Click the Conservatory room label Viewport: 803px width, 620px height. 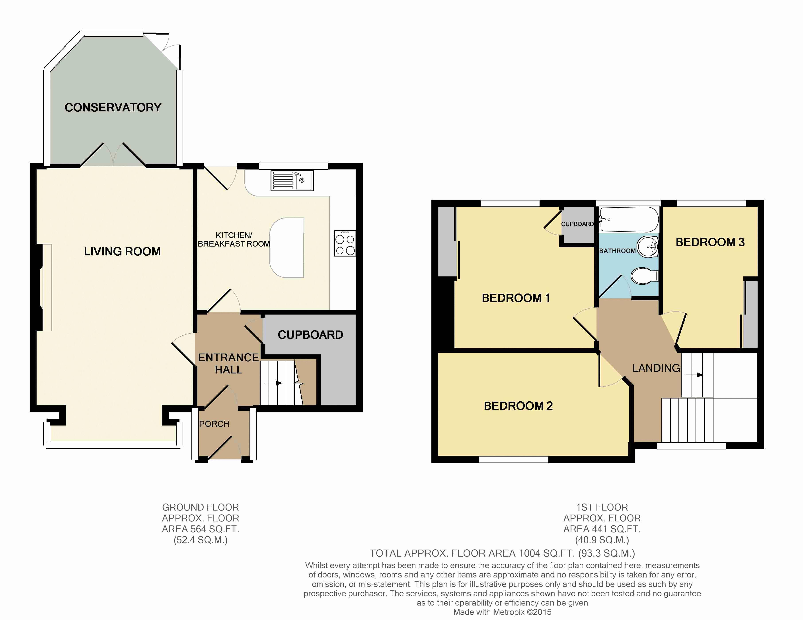click(x=113, y=107)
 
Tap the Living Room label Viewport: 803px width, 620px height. click(x=122, y=251)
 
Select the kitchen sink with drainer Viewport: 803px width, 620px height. click(x=292, y=181)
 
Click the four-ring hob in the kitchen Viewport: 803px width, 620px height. click(x=345, y=243)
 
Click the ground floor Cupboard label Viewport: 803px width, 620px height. click(x=310, y=335)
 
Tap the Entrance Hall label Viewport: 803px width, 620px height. click(x=228, y=363)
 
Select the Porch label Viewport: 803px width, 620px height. click(x=214, y=424)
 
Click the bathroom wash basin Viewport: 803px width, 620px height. click(x=647, y=247)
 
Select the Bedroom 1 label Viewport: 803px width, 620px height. click(x=516, y=298)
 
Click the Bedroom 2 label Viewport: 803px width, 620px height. click(x=518, y=406)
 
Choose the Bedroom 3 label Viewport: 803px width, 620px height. click(x=710, y=242)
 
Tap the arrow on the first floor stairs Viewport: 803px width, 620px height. click(x=694, y=375)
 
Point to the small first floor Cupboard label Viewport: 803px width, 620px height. click(x=577, y=224)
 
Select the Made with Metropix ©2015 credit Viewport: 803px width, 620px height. click(x=502, y=612)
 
